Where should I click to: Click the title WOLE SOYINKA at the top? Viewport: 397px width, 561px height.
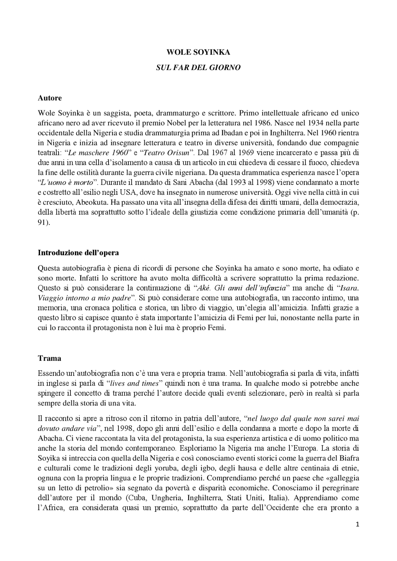point(198,52)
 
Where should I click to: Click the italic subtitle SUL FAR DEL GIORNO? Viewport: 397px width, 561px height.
point(198,67)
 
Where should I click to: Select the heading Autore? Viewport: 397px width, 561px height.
point(50,98)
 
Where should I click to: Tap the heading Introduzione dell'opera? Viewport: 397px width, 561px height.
point(78,252)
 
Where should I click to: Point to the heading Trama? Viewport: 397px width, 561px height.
point(49,358)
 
